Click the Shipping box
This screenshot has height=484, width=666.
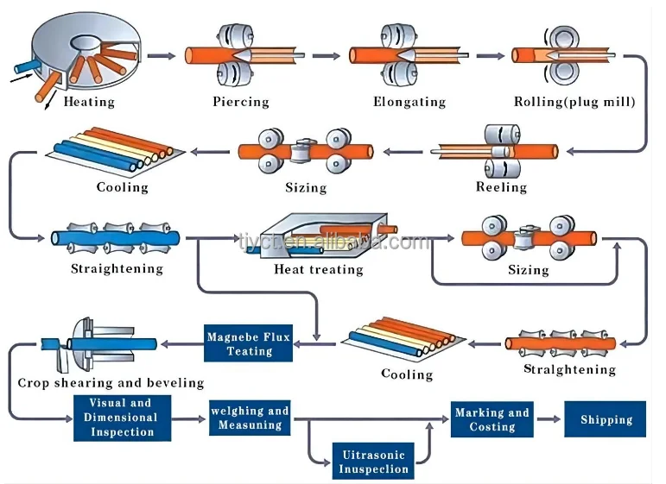pos(606,419)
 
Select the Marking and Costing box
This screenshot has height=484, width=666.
pos(492,419)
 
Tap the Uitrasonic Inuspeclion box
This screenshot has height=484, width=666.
pos(373,462)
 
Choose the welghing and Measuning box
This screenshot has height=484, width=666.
pos(250,418)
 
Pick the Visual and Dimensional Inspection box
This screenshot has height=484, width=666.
pos(121,418)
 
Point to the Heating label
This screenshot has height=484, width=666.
pos(89,102)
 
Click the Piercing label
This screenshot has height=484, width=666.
pos(241,102)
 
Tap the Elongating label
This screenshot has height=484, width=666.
pos(409,102)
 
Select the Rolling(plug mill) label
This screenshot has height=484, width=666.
pos(574,102)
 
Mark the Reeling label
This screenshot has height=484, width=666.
pos(501,186)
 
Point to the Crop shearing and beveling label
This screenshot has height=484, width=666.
pos(111,382)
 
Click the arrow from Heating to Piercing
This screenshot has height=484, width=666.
pos(161,56)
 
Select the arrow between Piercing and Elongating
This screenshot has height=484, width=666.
pos(326,56)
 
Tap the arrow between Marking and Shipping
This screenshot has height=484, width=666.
pos(547,420)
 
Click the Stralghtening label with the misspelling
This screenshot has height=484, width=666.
pos(570,369)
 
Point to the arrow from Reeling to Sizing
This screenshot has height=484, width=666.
pos(403,152)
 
